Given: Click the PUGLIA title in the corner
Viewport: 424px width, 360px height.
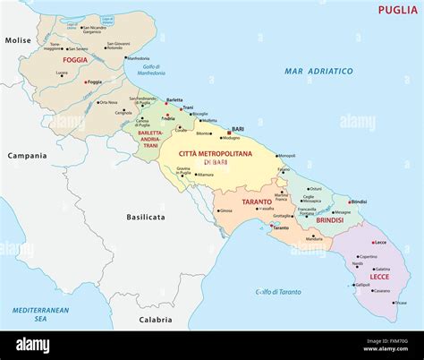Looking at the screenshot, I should pos(396,10).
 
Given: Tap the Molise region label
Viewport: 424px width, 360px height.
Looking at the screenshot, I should pos(18,40).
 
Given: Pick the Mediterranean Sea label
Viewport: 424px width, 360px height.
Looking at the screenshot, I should pos(30,313).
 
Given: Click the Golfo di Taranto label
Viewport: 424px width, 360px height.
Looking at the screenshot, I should pos(278,292).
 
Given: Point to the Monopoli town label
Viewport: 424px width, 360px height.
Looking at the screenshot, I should pos(286,155).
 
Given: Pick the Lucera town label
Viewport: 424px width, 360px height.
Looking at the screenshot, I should pos(61,73).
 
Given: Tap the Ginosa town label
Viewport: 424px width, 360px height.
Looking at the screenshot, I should pos(225,211).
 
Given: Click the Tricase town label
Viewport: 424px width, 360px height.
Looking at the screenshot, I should pos(401,302).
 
